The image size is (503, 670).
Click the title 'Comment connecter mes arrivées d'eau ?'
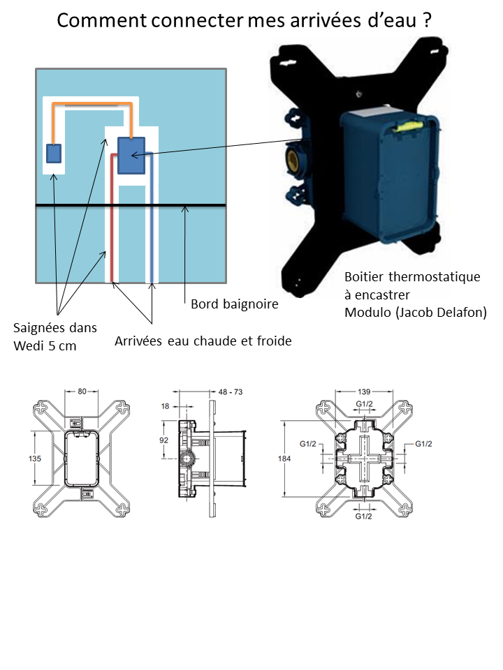point(244,21)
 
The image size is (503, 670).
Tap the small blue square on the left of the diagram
point(53,154)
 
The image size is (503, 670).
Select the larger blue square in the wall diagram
point(131,155)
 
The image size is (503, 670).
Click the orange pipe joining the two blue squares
point(92,105)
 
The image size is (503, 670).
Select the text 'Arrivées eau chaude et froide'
point(203,341)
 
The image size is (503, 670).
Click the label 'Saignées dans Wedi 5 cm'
point(55,336)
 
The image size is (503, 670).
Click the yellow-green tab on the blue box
point(407,126)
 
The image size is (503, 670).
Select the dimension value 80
point(82,392)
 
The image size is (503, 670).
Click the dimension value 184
point(285,459)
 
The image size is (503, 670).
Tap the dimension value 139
point(363,392)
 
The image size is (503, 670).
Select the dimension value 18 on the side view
point(165,405)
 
